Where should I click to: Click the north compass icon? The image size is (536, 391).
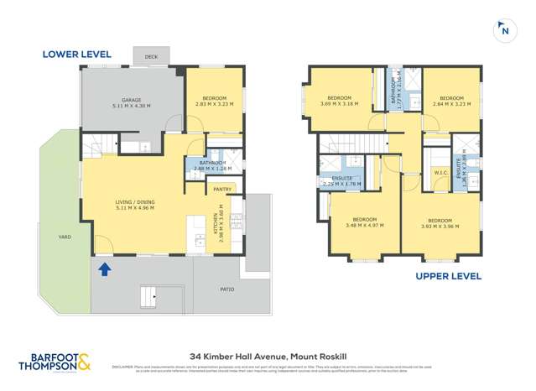coord(504,29)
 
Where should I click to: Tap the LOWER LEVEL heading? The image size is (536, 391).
coord(76,55)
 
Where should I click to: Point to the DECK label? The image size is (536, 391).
coord(151,57)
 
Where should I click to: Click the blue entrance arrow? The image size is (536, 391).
coord(104,269)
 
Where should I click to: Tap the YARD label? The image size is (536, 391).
coord(61,236)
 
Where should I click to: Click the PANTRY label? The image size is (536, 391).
coord(222,190)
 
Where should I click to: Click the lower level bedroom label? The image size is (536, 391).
coord(211,102)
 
